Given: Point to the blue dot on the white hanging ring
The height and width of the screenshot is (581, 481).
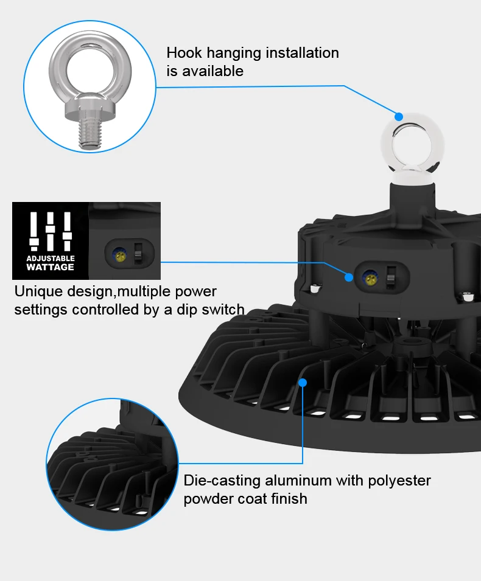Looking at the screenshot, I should point(399,116).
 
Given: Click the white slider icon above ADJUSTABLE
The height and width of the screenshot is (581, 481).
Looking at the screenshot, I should point(51,231).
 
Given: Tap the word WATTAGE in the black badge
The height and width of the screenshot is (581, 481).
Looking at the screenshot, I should point(51,267).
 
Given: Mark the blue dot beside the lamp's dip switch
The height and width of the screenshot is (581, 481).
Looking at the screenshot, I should point(349,277).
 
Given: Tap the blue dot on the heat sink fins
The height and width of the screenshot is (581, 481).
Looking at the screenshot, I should point(303,382).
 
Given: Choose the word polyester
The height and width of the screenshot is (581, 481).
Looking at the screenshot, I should point(399,481).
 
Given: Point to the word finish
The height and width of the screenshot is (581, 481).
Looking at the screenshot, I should point(290,499).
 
